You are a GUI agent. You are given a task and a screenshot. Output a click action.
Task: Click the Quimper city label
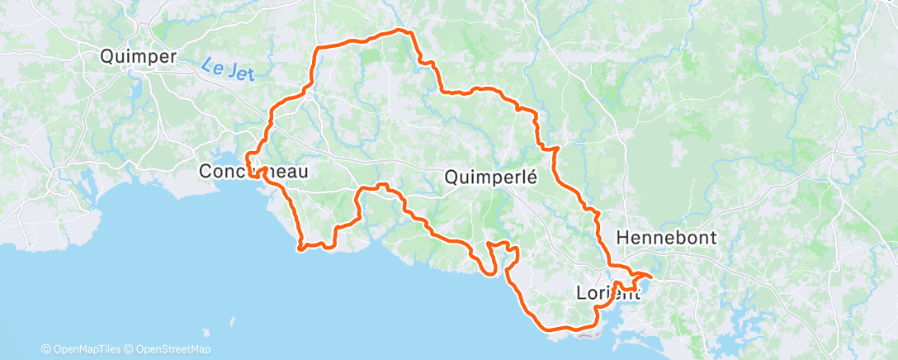point(138,57)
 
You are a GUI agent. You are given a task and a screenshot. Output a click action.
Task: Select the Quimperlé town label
point(491,177)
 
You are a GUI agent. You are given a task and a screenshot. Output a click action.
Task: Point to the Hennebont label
point(666,238)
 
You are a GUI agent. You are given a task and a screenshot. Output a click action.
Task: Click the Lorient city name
point(610,292)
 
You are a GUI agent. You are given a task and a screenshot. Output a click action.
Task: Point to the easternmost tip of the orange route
point(652,276)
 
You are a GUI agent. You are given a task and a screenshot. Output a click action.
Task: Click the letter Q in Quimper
point(106,57)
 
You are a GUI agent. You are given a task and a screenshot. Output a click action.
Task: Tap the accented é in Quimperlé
point(532,176)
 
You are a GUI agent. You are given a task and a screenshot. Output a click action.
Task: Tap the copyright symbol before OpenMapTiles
point(46,349)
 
